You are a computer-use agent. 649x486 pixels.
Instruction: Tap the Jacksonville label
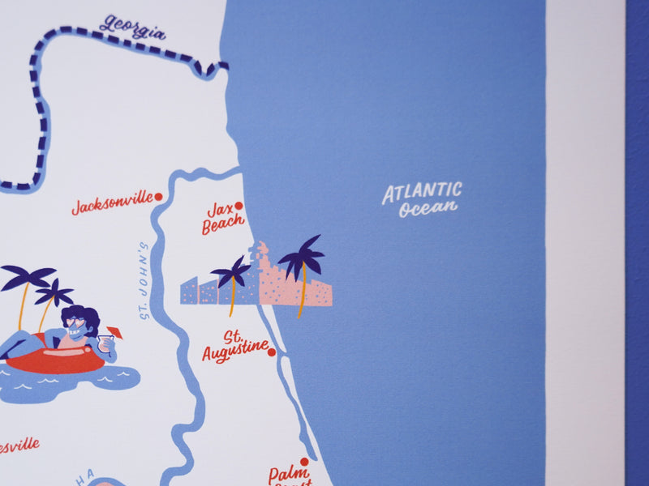pos(112,202)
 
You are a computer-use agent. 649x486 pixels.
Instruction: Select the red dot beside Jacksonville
pos(158,196)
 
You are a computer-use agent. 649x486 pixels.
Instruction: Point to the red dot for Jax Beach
pos(239,206)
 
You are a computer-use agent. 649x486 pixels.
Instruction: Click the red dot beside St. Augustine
pos(272,352)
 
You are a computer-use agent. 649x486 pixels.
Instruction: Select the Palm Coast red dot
pos(304,462)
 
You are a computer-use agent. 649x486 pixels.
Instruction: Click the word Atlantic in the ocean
pos(422,193)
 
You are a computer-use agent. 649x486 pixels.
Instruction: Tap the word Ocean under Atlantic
pos(428,209)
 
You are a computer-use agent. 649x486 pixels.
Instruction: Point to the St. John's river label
pos(145,280)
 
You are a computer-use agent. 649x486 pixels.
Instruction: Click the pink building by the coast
pos(276,283)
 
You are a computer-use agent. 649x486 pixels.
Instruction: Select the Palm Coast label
pos(290,475)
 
